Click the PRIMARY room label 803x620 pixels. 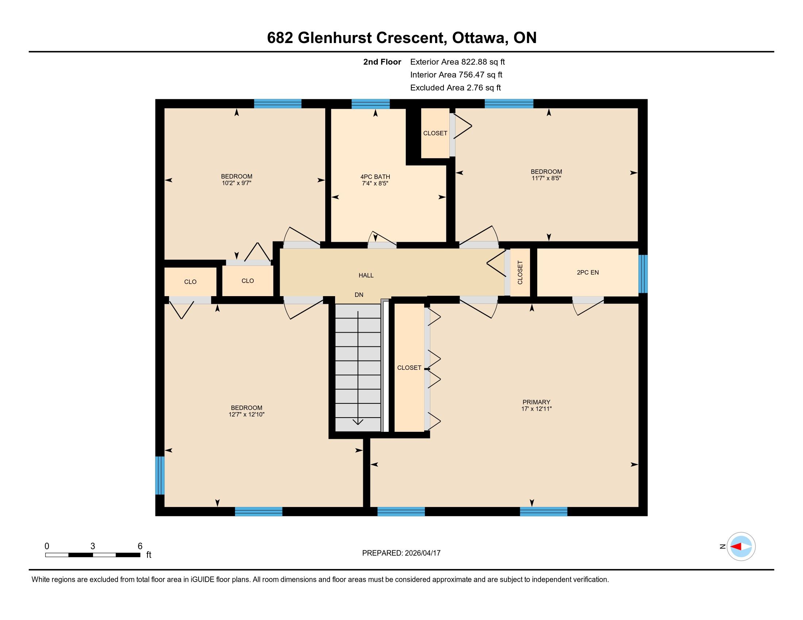(536, 402)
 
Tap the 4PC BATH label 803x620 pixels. (375, 177)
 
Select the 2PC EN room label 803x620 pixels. (588, 272)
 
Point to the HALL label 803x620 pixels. (366, 275)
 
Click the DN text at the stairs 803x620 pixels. (359, 295)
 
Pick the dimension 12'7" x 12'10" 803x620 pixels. (246, 414)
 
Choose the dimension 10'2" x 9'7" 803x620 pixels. (237, 183)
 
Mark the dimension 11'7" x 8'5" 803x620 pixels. (546, 178)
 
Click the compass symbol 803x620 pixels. (741, 546)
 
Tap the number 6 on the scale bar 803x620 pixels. (140, 546)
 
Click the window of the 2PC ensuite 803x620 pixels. (643, 274)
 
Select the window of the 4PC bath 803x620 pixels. (370, 104)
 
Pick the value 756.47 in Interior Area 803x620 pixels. (471, 74)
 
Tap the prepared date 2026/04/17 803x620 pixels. (422, 553)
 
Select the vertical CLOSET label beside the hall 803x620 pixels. (520, 272)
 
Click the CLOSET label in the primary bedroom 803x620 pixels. (409, 368)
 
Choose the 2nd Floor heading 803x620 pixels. (382, 62)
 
